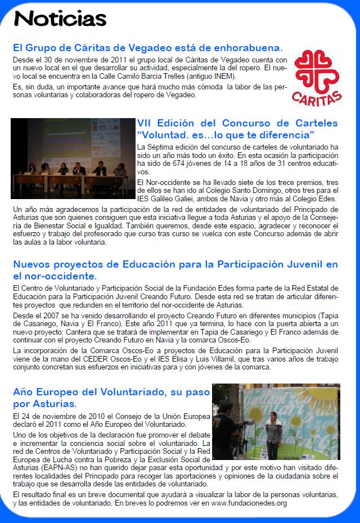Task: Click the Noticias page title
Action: (60, 19)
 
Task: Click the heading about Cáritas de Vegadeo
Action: (147, 47)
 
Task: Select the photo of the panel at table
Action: (73, 157)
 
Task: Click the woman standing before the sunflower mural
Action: (274, 432)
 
